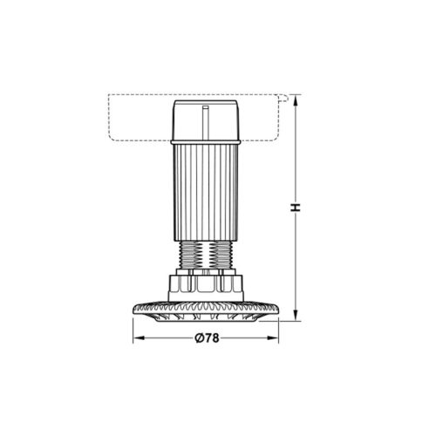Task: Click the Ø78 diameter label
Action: tap(208, 337)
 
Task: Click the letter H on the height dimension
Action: tap(296, 208)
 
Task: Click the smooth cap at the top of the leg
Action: tap(207, 119)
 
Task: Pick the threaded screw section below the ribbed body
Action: tap(208, 255)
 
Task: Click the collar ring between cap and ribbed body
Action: tap(207, 142)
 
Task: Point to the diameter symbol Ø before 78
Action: tap(200, 337)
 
